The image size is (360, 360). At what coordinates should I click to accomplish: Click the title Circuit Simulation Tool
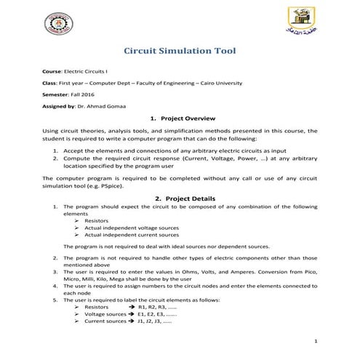pos(180,52)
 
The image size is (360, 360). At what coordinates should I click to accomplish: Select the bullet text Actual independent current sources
pos(131,235)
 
